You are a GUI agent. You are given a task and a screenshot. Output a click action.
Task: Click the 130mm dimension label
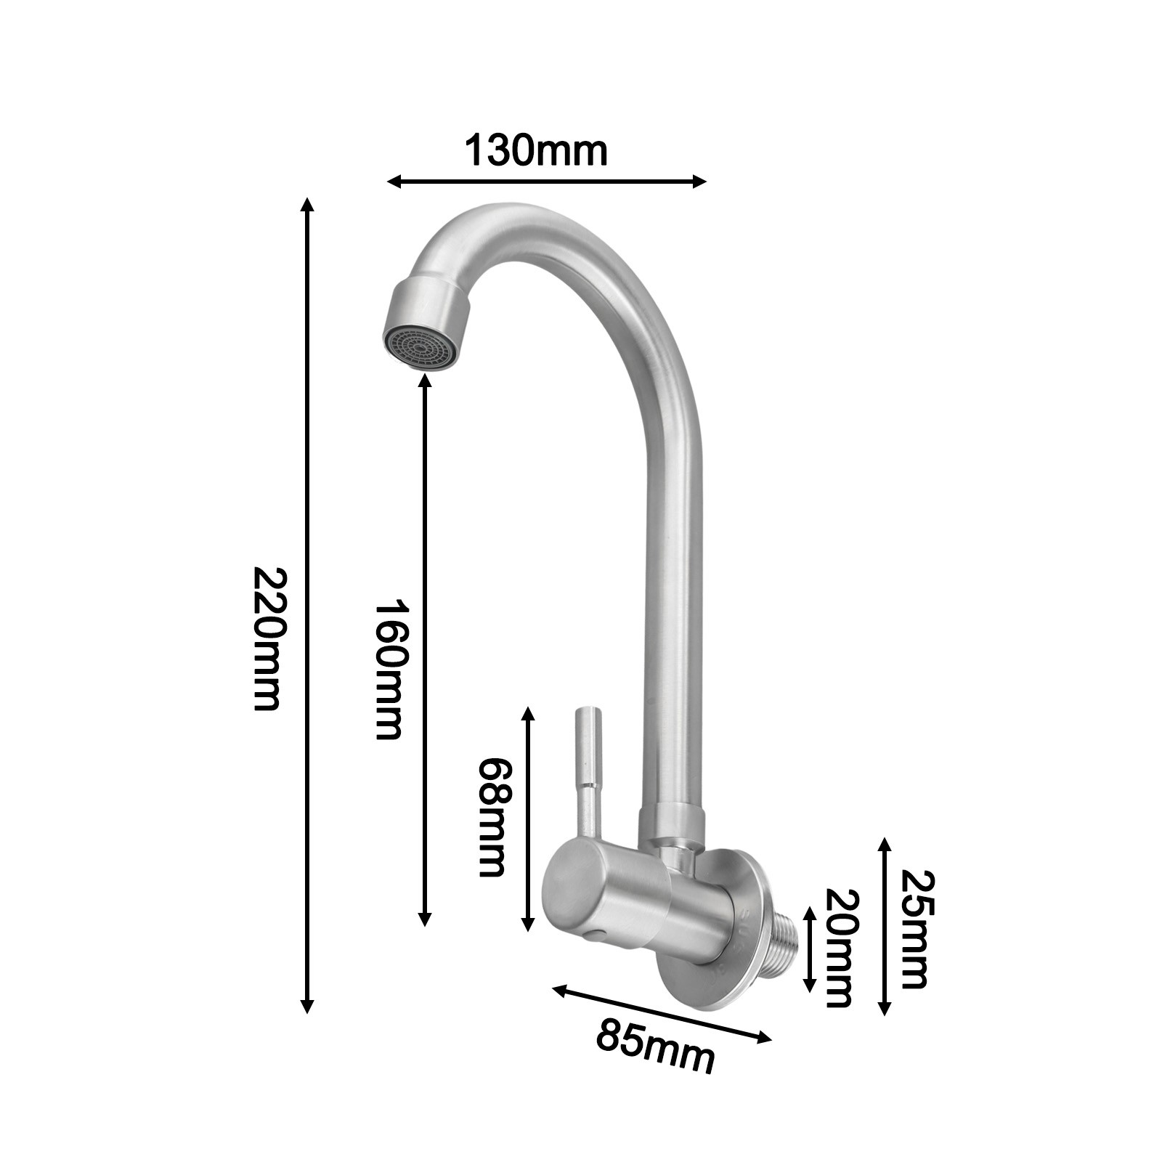pyautogui.click(x=535, y=150)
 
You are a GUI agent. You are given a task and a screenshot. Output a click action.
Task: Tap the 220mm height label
pyautogui.click(x=267, y=638)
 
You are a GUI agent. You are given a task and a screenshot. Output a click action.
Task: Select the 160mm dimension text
pyautogui.click(x=388, y=669)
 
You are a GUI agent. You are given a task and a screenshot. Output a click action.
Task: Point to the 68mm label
pyautogui.click(x=492, y=817)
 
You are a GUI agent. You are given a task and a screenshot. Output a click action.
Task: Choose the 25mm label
pyautogui.click(x=914, y=930)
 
